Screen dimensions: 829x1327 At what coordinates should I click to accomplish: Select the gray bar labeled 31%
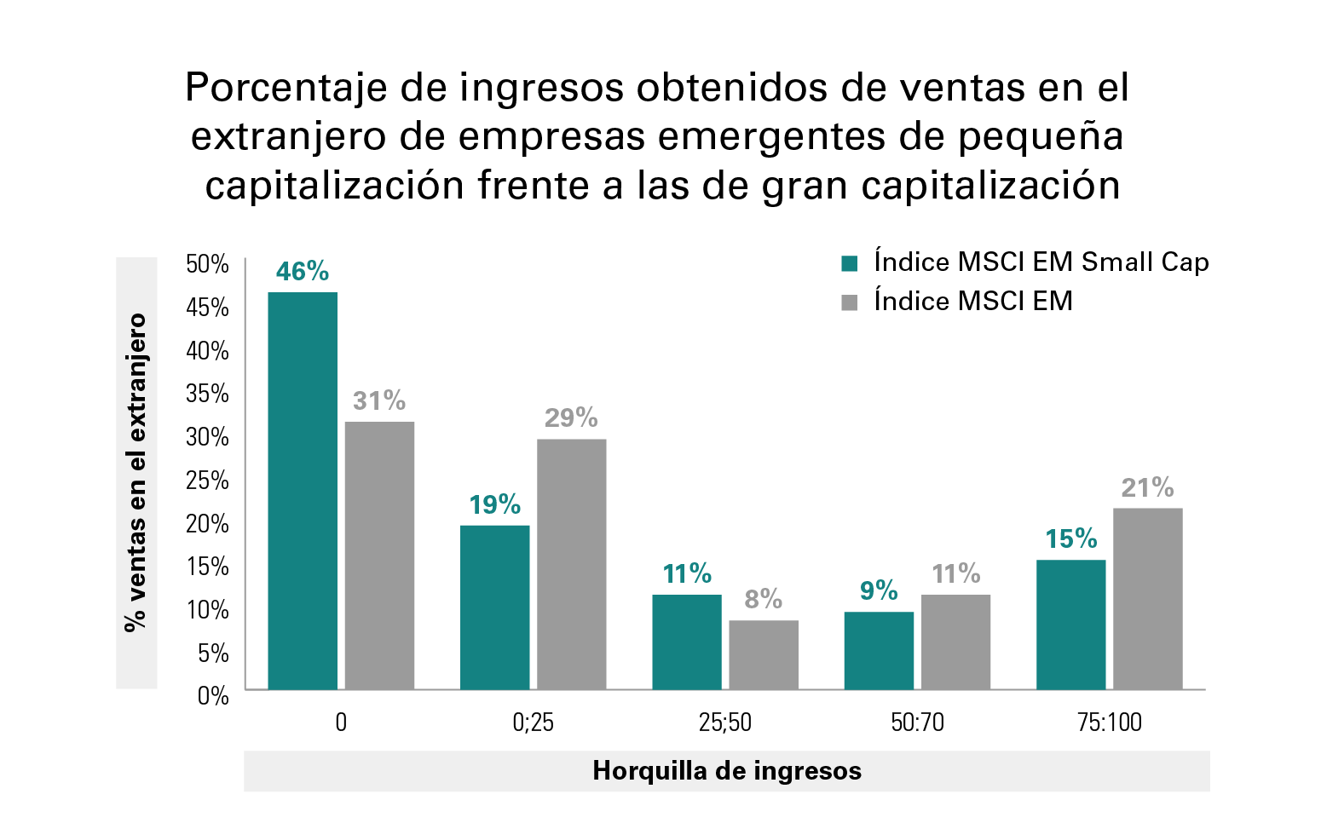pyautogui.click(x=379, y=555)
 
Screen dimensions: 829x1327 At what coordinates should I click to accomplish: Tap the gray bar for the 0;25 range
pyautogui.click(x=571, y=563)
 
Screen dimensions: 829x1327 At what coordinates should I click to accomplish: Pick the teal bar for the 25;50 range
pyautogui.click(x=687, y=641)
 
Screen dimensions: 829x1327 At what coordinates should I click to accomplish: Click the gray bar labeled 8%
pyautogui.click(x=764, y=653)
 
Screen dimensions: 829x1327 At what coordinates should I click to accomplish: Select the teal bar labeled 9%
pyautogui.click(x=879, y=649)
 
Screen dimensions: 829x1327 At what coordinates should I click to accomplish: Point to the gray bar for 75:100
pyautogui.click(x=1147, y=598)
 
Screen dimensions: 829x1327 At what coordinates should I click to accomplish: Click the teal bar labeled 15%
pyautogui.click(x=1070, y=624)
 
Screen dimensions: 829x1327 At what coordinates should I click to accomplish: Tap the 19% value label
pyautogui.click(x=494, y=504)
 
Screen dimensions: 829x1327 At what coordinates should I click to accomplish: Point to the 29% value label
pyautogui.click(x=571, y=417)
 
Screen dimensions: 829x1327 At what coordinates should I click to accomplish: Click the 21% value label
pyautogui.click(x=1147, y=487)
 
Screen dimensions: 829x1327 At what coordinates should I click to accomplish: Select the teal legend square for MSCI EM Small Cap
pyautogui.click(x=849, y=263)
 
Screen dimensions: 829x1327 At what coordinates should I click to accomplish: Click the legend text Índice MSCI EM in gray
pyautogui.click(x=972, y=302)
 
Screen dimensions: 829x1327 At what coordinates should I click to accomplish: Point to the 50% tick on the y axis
pyautogui.click(x=207, y=264)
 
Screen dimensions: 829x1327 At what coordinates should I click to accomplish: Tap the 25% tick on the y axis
pyautogui.click(x=207, y=481)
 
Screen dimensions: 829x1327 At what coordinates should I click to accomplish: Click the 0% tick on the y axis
pyautogui.click(x=212, y=696)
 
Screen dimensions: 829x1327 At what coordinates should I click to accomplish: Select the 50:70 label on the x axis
pyautogui.click(x=917, y=722)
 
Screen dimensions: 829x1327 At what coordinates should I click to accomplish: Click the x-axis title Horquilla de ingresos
pyautogui.click(x=726, y=771)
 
